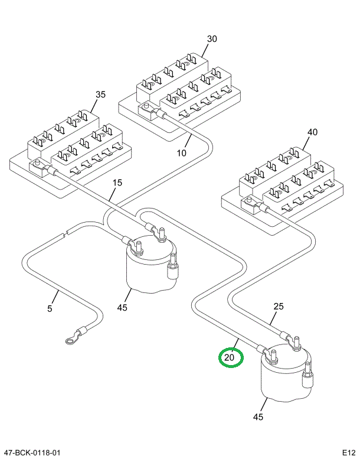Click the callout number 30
tap(212, 39)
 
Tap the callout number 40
tap(312, 132)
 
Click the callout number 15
tap(117, 183)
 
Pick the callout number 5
tap(50, 308)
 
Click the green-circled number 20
tap(230, 357)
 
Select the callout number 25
tap(279, 306)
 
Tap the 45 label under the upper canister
tap(122, 307)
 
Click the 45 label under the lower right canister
tap(257, 417)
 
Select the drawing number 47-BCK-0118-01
tap(31, 453)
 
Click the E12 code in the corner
tap(347, 453)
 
